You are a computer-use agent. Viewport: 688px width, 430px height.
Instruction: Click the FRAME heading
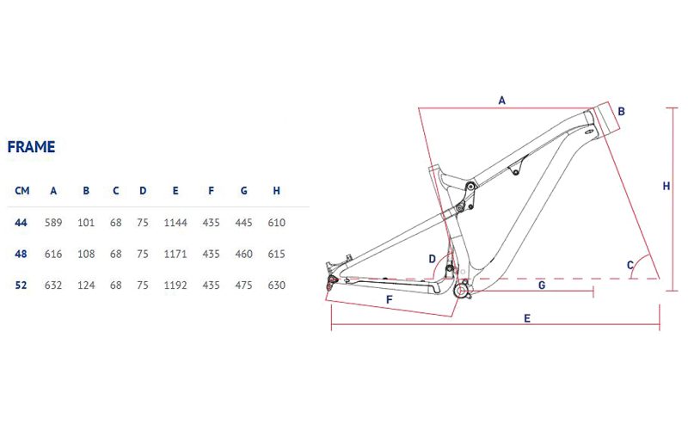(31, 146)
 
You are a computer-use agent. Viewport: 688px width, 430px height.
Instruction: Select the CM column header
(22, 191)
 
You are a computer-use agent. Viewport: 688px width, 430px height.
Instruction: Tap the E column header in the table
(175, 191)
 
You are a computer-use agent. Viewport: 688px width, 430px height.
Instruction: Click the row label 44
(21, 223)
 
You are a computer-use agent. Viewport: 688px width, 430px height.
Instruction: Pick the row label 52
(21, 286)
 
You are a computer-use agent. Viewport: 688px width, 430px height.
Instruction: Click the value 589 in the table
(53, 223)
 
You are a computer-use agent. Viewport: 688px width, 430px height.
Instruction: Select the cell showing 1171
(175, 254)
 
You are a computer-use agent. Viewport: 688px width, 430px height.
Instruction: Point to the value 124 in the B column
(86, 286)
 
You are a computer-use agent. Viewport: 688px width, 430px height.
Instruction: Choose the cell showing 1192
(175, 286)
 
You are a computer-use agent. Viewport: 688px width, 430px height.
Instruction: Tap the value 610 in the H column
(276, 223)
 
